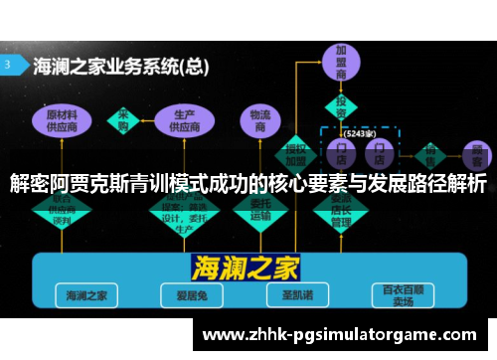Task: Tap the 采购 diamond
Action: (125, 119)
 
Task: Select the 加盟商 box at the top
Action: (342, 63)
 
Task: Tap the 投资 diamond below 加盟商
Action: (342, 106)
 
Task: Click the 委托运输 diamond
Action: (260, 210)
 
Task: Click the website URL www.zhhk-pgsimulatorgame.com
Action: (339, 335)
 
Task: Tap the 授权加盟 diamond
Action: (295, 149)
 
